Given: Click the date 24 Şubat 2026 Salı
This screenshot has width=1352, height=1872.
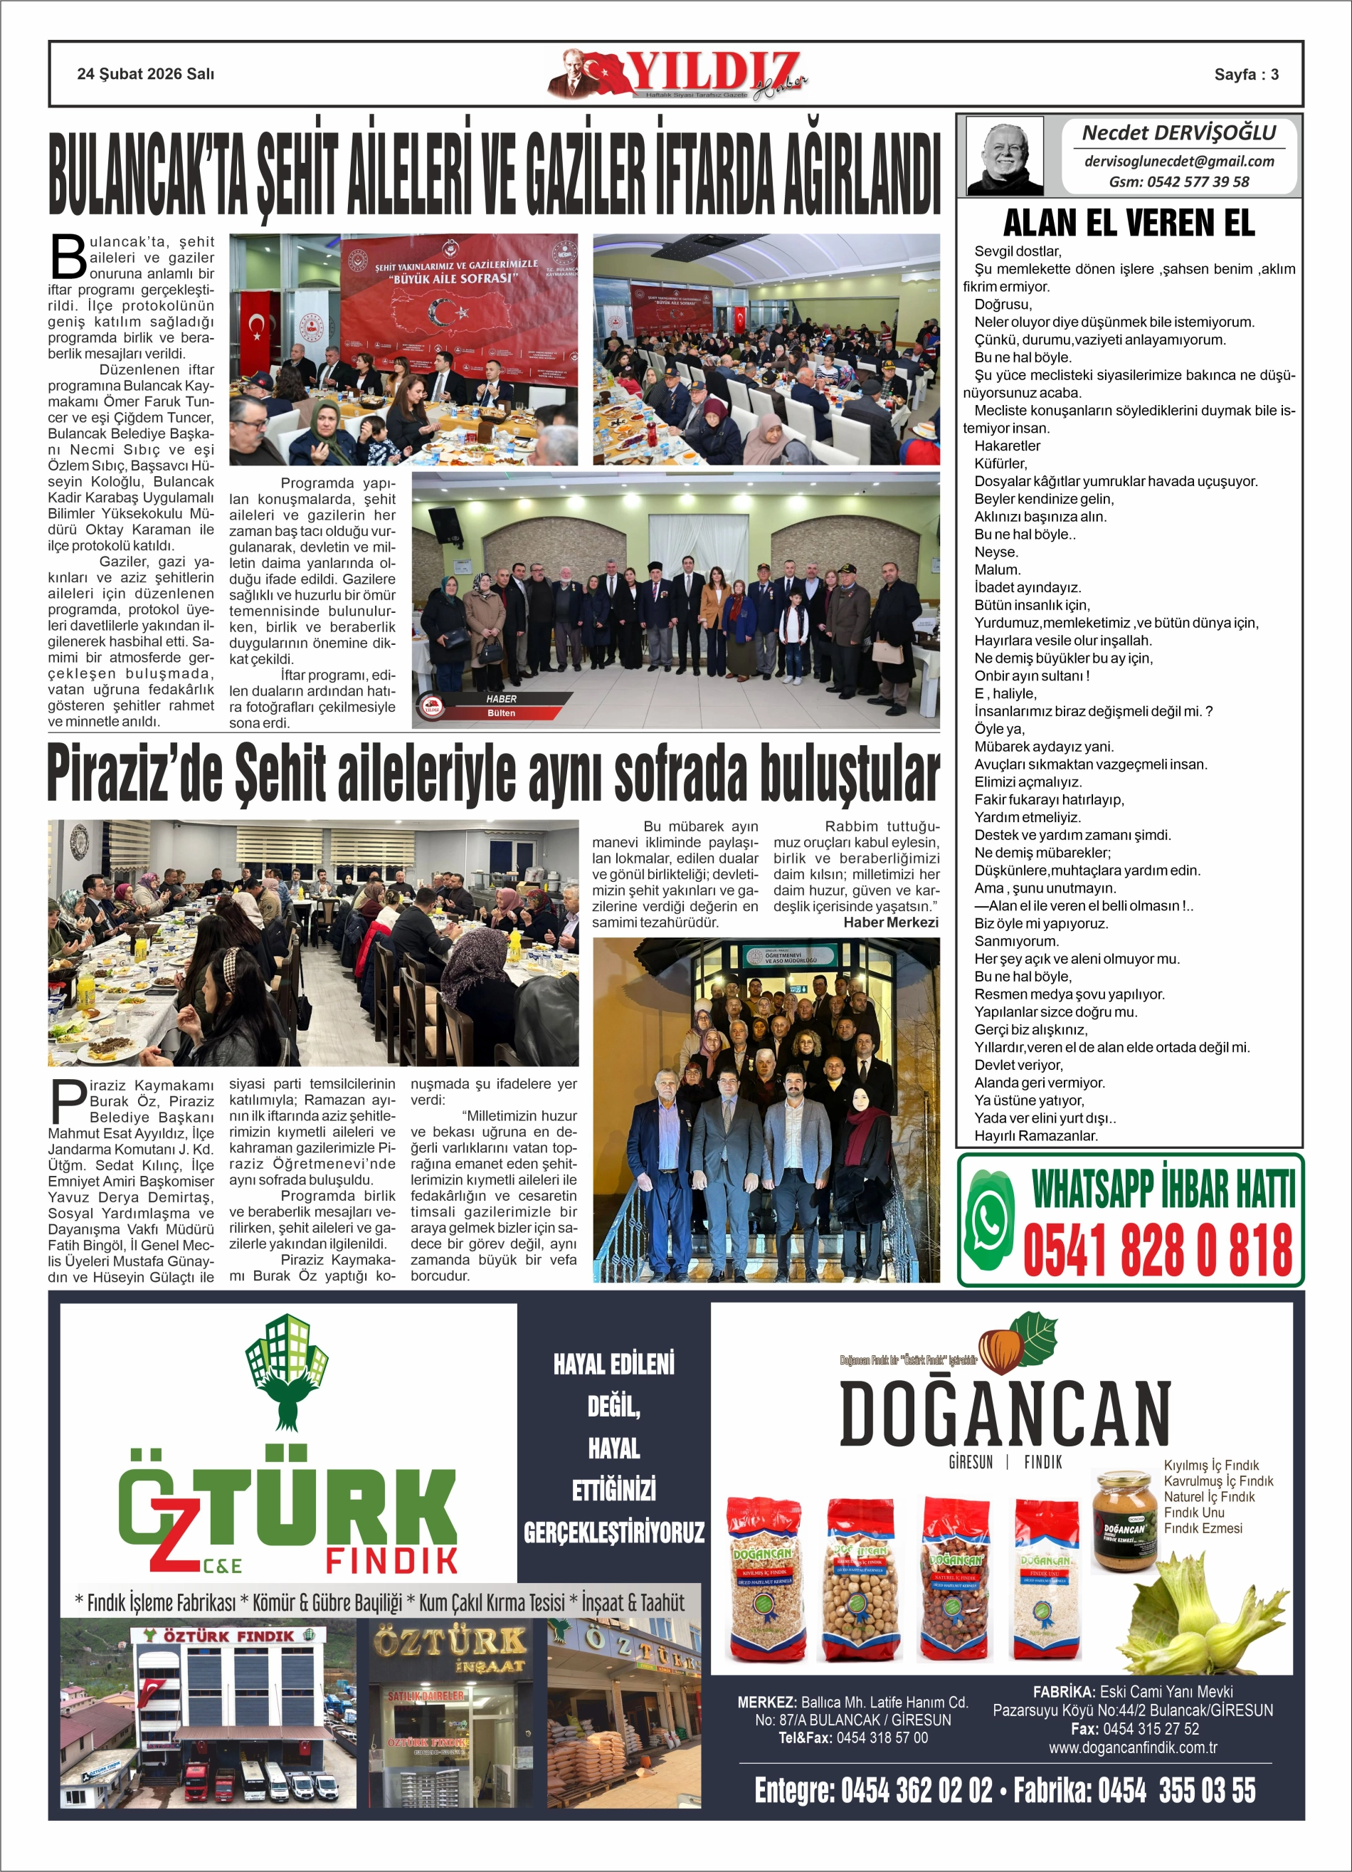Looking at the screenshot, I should pyautogui.click(x=145, y=74).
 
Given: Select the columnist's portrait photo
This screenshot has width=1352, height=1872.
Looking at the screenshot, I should pyautogui.click(x=1005, y=156).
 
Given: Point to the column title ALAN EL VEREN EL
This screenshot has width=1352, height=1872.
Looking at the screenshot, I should pyautogui.click(x=1129, y=223).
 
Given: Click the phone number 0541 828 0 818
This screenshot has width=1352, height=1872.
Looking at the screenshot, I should pyautogui.click(x=1158, y=1250).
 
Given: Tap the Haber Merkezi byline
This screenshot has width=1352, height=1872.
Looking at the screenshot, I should pyautogui.click(x=891, y=922).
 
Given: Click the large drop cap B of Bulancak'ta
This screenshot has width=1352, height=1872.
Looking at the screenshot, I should pyautogui.click(x=68, y=258).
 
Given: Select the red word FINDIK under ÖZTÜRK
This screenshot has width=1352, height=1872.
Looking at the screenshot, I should pyautogui.click(x=391, y=1561).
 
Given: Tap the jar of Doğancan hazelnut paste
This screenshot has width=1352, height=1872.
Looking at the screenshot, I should pyautogui.click(x=1124, y=1520).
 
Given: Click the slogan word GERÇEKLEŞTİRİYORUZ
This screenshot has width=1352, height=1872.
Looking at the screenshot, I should pyautogui.click(x=613, y=1532).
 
